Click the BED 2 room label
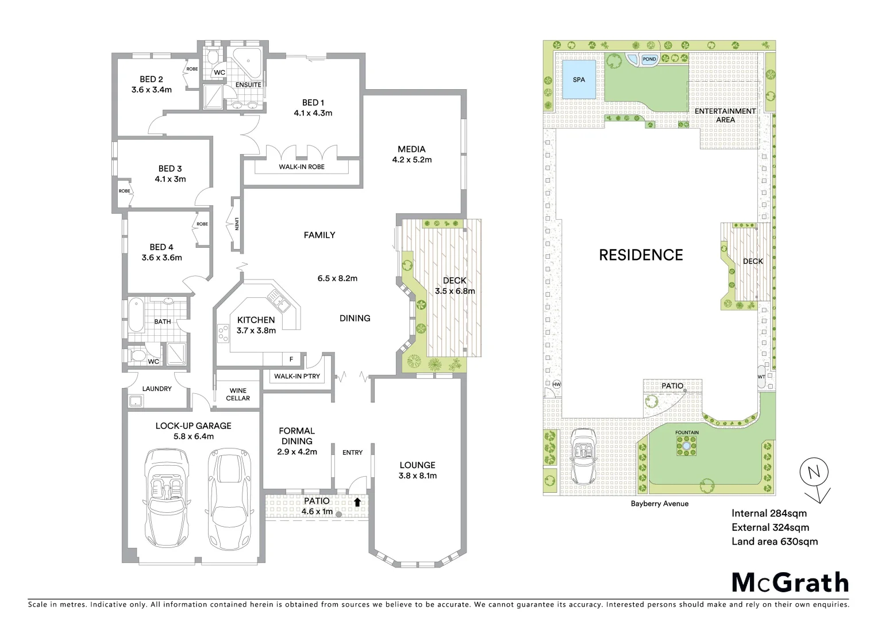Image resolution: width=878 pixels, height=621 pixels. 151,79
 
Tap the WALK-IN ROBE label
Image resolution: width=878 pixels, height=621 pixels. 302,167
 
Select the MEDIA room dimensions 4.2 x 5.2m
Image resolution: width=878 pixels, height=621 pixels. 411,160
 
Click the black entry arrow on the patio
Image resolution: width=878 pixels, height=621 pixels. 357,502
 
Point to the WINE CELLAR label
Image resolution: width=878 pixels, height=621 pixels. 238,394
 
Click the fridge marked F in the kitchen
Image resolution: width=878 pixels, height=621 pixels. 291,359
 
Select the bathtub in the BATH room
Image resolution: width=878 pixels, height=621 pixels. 136,315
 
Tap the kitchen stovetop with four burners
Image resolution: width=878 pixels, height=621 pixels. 222,333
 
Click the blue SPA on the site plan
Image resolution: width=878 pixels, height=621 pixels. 579,79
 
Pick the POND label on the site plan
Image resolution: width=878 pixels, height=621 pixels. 649,59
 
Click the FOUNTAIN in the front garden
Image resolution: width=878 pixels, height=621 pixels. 687,446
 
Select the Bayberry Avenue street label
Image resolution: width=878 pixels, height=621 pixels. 659,504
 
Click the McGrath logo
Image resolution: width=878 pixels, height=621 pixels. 790,582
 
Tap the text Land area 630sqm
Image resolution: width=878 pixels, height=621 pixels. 774,541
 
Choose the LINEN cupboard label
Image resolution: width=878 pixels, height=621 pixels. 236,224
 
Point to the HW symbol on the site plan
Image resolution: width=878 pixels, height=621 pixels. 556,384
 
